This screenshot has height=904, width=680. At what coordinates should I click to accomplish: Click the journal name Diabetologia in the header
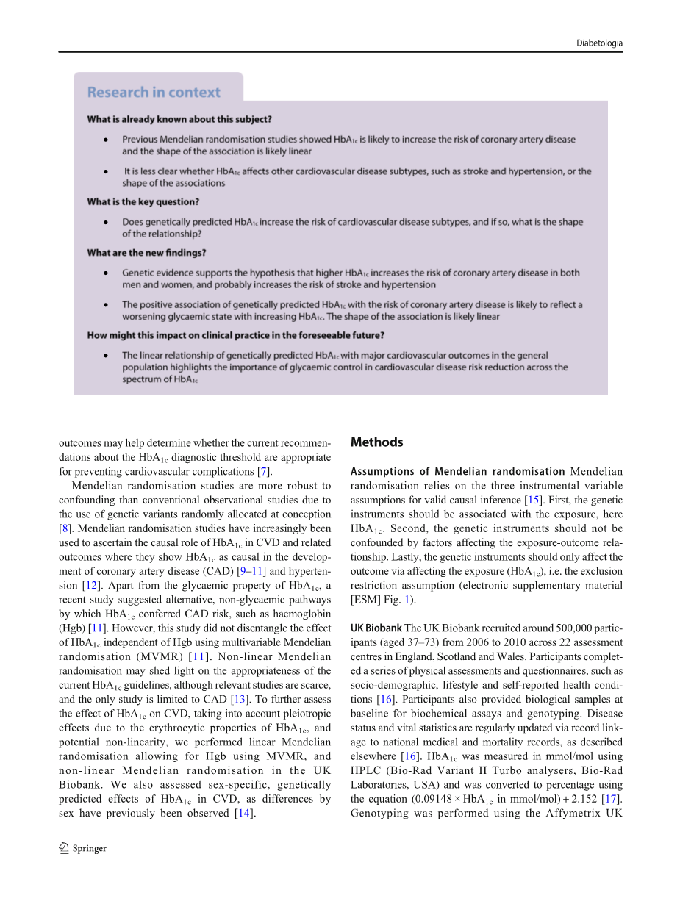coord(599,43)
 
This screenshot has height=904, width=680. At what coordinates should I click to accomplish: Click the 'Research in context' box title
coord(154,93)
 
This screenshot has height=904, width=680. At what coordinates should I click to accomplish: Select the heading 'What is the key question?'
coord(143,201)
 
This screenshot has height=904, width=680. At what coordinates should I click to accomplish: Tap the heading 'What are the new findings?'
coord(146,253)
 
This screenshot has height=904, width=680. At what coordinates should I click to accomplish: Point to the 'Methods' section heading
coord(376,442)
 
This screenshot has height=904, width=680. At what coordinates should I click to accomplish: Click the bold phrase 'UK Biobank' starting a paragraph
coord(376,628)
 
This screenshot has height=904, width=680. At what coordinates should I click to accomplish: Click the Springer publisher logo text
coord(89,848)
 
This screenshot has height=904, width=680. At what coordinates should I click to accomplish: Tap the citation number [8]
coord(65,528)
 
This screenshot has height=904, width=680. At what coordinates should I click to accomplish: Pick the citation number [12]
coord(90,586)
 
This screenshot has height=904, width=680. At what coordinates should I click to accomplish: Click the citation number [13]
coord(237,699)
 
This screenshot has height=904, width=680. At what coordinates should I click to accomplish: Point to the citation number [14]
coord(243,813)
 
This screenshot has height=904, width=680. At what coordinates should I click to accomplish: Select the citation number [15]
coord(532,500)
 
